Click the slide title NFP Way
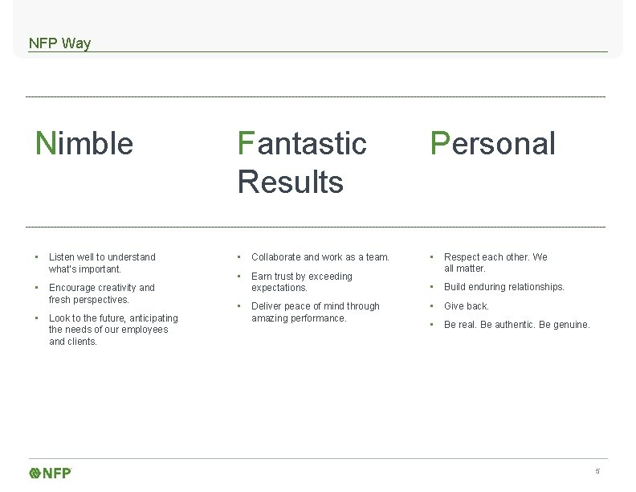59,43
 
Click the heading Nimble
84,144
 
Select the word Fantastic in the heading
302,144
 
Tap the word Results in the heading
290,182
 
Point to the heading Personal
493,144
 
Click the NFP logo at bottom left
51,473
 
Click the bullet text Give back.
467,306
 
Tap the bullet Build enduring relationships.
504,287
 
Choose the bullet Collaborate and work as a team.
320,257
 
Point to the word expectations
279,288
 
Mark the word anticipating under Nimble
152,318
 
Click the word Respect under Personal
462,257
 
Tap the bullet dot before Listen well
37,257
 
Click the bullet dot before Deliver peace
239,306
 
